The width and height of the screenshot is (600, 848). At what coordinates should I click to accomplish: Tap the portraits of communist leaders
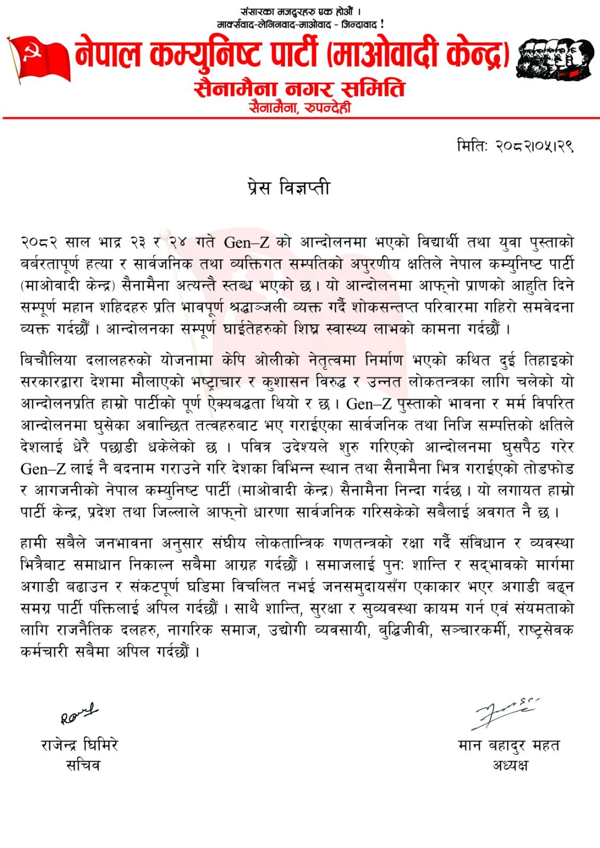(554, 59)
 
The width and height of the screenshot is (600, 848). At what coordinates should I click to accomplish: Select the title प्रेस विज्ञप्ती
(289, 188)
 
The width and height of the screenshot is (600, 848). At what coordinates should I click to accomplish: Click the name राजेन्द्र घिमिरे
(80, 745)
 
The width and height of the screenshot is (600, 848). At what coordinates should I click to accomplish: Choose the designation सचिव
(82, 765)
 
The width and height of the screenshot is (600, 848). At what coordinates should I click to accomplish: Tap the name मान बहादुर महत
(509, 746)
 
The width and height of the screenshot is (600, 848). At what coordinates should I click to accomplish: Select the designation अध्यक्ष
(510, 765)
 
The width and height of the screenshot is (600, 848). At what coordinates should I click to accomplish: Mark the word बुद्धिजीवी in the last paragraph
(403, 630)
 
